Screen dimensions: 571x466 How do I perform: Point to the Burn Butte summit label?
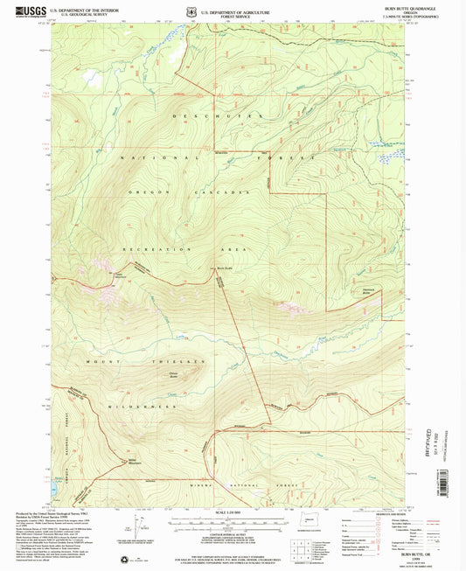[224, 268]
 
